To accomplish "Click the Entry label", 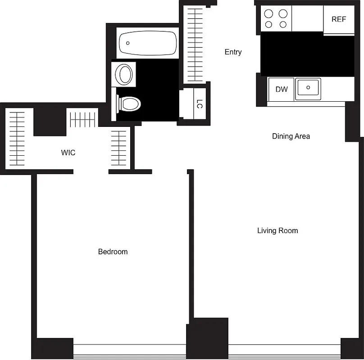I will coord(233,52).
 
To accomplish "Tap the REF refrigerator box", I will coord(338,19).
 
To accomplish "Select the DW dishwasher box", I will coord(282,89).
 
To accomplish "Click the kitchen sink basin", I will coord(308,88).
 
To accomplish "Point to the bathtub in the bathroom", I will coord(147,43).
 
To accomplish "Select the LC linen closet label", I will coord(199,104).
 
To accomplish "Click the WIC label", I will coord(68,153).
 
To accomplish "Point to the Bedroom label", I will coord(113,252).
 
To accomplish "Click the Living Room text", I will coord(278,230).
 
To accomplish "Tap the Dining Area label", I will coord(291,136).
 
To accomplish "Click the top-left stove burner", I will coord(269,13).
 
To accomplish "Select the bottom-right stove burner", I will coord(283,25).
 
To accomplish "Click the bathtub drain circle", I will coord(128,43).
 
